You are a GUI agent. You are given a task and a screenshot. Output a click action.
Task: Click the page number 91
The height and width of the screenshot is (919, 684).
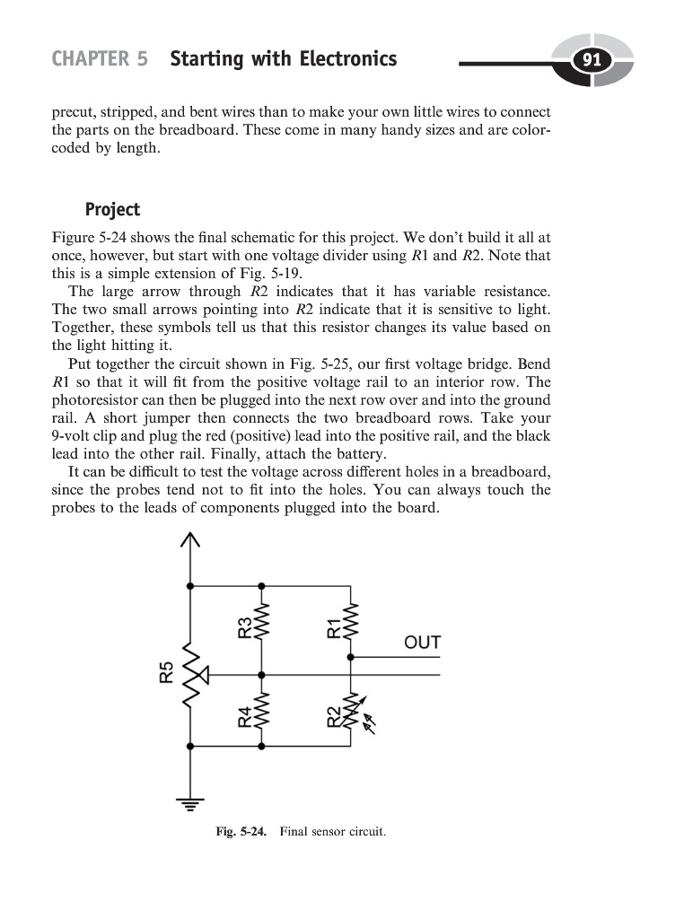click(x=591, y=61)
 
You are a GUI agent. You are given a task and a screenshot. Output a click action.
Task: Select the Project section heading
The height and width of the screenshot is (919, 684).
click(x=112, y=210)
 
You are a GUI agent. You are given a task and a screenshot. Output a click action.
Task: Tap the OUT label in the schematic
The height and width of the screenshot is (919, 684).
click(x=422, y=643)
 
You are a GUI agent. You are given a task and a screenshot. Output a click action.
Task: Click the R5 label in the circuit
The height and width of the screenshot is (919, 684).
click(x=166, y=672)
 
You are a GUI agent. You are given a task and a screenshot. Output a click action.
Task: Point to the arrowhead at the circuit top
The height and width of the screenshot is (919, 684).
click(x=189, y=539)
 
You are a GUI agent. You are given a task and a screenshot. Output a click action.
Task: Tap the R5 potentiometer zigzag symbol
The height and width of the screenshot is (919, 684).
click(x=189, y=673)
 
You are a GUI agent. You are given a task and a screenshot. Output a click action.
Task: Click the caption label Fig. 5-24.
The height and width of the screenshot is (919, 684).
click(x=241, y=832)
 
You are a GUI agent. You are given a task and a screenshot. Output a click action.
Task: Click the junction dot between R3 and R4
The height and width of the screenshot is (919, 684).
click(x=261, y=674)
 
